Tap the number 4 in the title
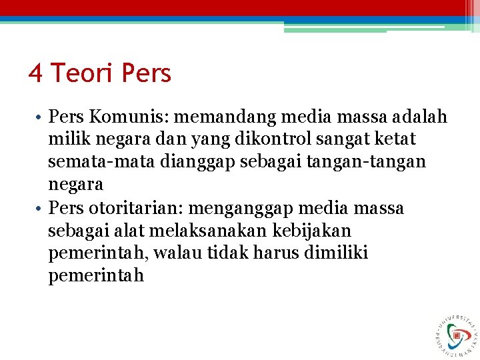tap(35, 73)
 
